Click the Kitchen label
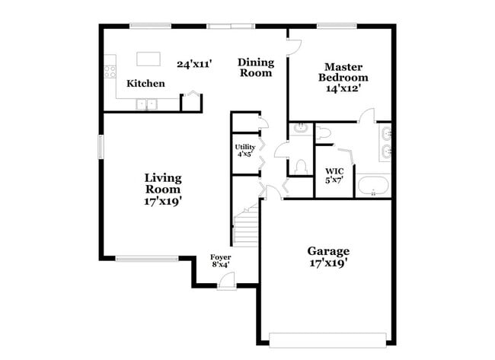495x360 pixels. point(145,83)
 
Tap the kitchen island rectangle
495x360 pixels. point(148,59)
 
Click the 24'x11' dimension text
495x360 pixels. point(194,64)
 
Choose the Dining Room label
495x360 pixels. point(256,68)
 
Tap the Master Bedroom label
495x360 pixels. point(343,72)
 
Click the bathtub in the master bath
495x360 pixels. point(373,186)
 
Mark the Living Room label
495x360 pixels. point(163,183)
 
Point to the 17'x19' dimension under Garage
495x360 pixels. point(328,263)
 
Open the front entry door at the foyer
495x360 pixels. point(225,282)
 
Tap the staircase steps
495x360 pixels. point(245,228)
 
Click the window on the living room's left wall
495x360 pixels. point(100,146)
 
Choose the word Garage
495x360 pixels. point(328,250)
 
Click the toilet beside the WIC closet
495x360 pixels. point(301,165)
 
